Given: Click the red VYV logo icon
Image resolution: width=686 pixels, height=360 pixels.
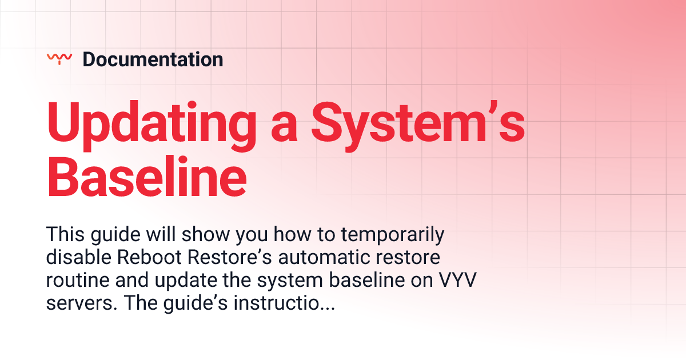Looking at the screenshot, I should pos(59,58).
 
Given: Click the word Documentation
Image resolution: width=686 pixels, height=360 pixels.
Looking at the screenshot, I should pos(153,59).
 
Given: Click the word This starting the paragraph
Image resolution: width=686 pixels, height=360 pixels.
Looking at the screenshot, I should pos(65,234).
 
